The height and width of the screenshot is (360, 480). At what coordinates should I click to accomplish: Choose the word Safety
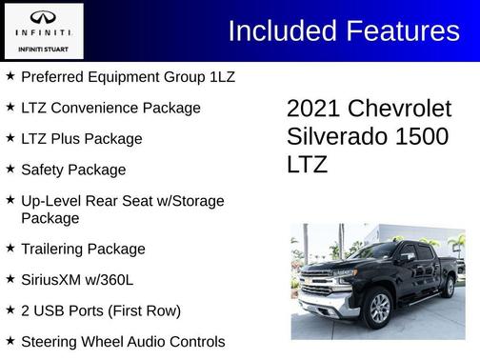tap(45, 170)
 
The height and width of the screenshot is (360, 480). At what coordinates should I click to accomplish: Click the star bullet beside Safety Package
tap(10, 169)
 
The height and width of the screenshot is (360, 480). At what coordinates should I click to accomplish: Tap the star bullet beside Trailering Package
tap(10, 249)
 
